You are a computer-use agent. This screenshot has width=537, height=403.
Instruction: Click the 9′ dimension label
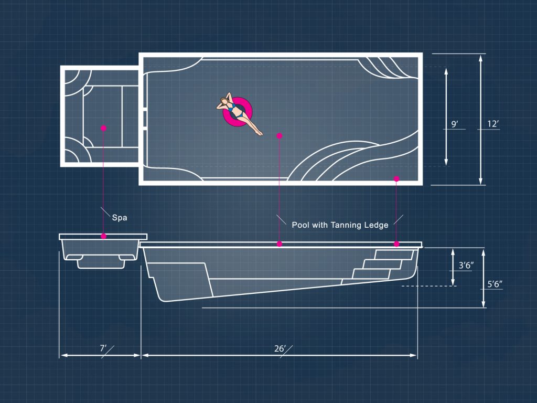point(455,124)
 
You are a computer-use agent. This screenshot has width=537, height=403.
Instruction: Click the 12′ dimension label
point(493,124)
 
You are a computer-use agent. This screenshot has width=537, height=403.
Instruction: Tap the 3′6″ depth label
point(466,265)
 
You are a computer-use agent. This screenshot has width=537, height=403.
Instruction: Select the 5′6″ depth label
point(495,284)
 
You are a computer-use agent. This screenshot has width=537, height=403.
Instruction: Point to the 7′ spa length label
point(103,348)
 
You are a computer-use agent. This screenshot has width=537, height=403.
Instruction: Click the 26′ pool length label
point(280,348)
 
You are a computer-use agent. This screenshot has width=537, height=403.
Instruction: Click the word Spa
point(120,218)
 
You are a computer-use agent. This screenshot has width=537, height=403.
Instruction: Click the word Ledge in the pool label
point(376,225)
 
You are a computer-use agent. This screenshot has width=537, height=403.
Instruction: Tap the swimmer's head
point(223,101)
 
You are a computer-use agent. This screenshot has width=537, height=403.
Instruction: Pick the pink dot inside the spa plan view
point(103,128)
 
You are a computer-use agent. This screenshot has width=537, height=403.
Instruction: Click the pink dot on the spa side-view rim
point(103,236)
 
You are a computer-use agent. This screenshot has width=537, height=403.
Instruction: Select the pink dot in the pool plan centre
point(280,136)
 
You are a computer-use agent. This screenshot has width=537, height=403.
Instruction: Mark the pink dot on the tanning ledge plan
point(396,178)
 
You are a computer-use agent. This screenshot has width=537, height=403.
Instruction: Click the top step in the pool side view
point(394,254)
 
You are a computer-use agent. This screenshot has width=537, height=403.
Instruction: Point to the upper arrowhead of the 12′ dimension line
point(481,59)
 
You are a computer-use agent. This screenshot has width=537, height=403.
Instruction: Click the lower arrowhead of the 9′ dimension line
point(446,162)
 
